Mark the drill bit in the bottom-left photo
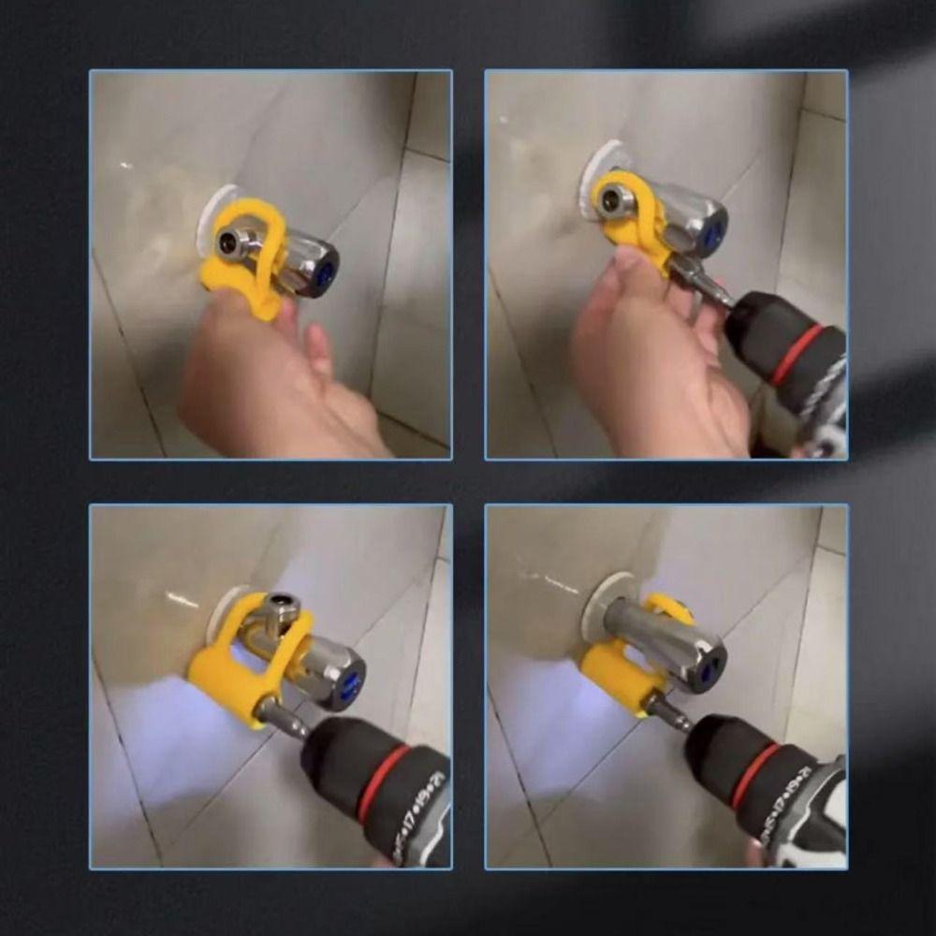tap(281, 718)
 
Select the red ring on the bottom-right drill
tap(755, 773)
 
